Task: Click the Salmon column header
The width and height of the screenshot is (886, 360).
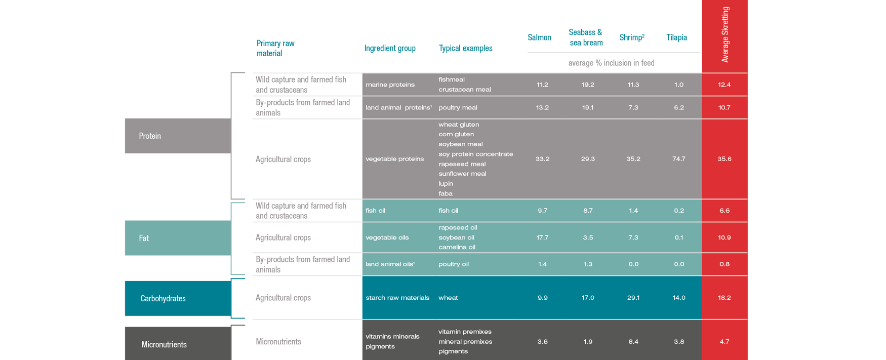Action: (x=539, y=37)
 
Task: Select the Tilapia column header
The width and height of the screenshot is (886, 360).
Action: (x=676, y=37)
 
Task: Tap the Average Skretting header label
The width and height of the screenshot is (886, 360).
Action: (x=725, y=34)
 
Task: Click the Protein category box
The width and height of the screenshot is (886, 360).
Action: (x=178, y=136)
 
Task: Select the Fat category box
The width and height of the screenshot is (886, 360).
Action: (x=178, y=238)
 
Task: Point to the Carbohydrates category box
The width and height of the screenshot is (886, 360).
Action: (x=178, y=298)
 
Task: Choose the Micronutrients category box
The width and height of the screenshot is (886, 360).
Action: (x=178, y=344)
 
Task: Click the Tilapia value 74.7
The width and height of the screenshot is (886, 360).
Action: (x=678, y=159)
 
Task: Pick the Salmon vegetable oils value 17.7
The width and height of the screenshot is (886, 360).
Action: (x=542, y=237)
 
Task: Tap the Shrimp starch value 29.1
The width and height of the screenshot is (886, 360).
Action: (x=633, y=298)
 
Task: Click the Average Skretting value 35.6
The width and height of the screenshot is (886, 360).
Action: (x=724, y=159)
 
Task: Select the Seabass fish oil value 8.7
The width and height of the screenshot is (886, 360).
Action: (x=588, y=211)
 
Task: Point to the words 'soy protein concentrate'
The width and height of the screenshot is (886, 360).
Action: (x=475, y=154)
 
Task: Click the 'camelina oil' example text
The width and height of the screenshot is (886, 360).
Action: (x=457, y=247)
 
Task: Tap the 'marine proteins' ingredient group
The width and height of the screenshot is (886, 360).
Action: (x=390, y=85)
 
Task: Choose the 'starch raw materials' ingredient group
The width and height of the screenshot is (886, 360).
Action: (x=397, y=298)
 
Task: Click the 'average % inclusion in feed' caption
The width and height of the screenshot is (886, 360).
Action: (x=611, y=63)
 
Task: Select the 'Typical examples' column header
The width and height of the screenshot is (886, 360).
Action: (x=465, y=48)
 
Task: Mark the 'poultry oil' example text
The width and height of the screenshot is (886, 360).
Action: (x=454, y=264)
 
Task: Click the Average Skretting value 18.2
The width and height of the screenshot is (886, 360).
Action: (x=724, y=298)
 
